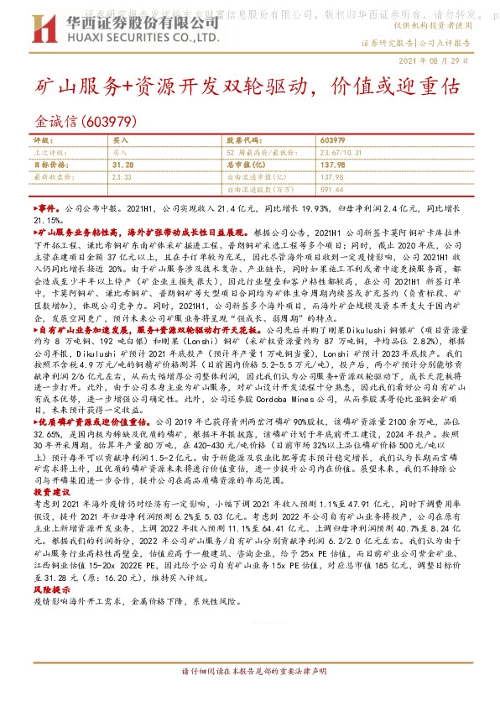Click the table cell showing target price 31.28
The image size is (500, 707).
tap(122, 165)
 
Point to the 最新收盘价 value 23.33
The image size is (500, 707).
tap(122, 177)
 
